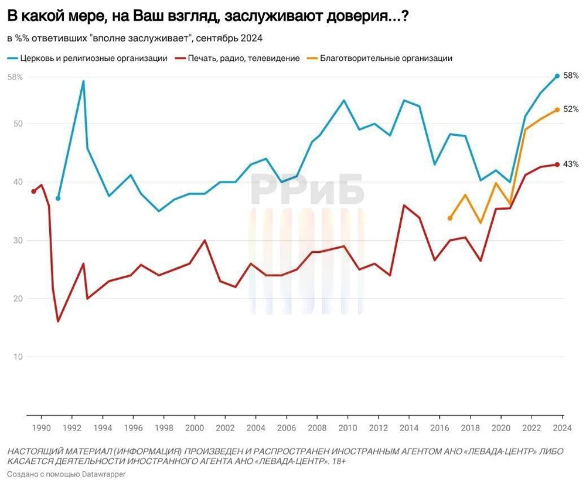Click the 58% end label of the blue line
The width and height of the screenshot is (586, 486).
571,76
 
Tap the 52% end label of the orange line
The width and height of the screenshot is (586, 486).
571,109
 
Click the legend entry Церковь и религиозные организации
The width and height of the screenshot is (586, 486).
94,58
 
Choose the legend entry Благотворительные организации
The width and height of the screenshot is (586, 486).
386,58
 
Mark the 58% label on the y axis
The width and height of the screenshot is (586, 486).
15,77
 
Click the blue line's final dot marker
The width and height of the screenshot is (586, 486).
557,76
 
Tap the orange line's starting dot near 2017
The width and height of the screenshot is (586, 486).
449,218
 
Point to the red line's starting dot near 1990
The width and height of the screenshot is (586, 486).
33,191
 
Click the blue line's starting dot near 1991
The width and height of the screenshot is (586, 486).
58,198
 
